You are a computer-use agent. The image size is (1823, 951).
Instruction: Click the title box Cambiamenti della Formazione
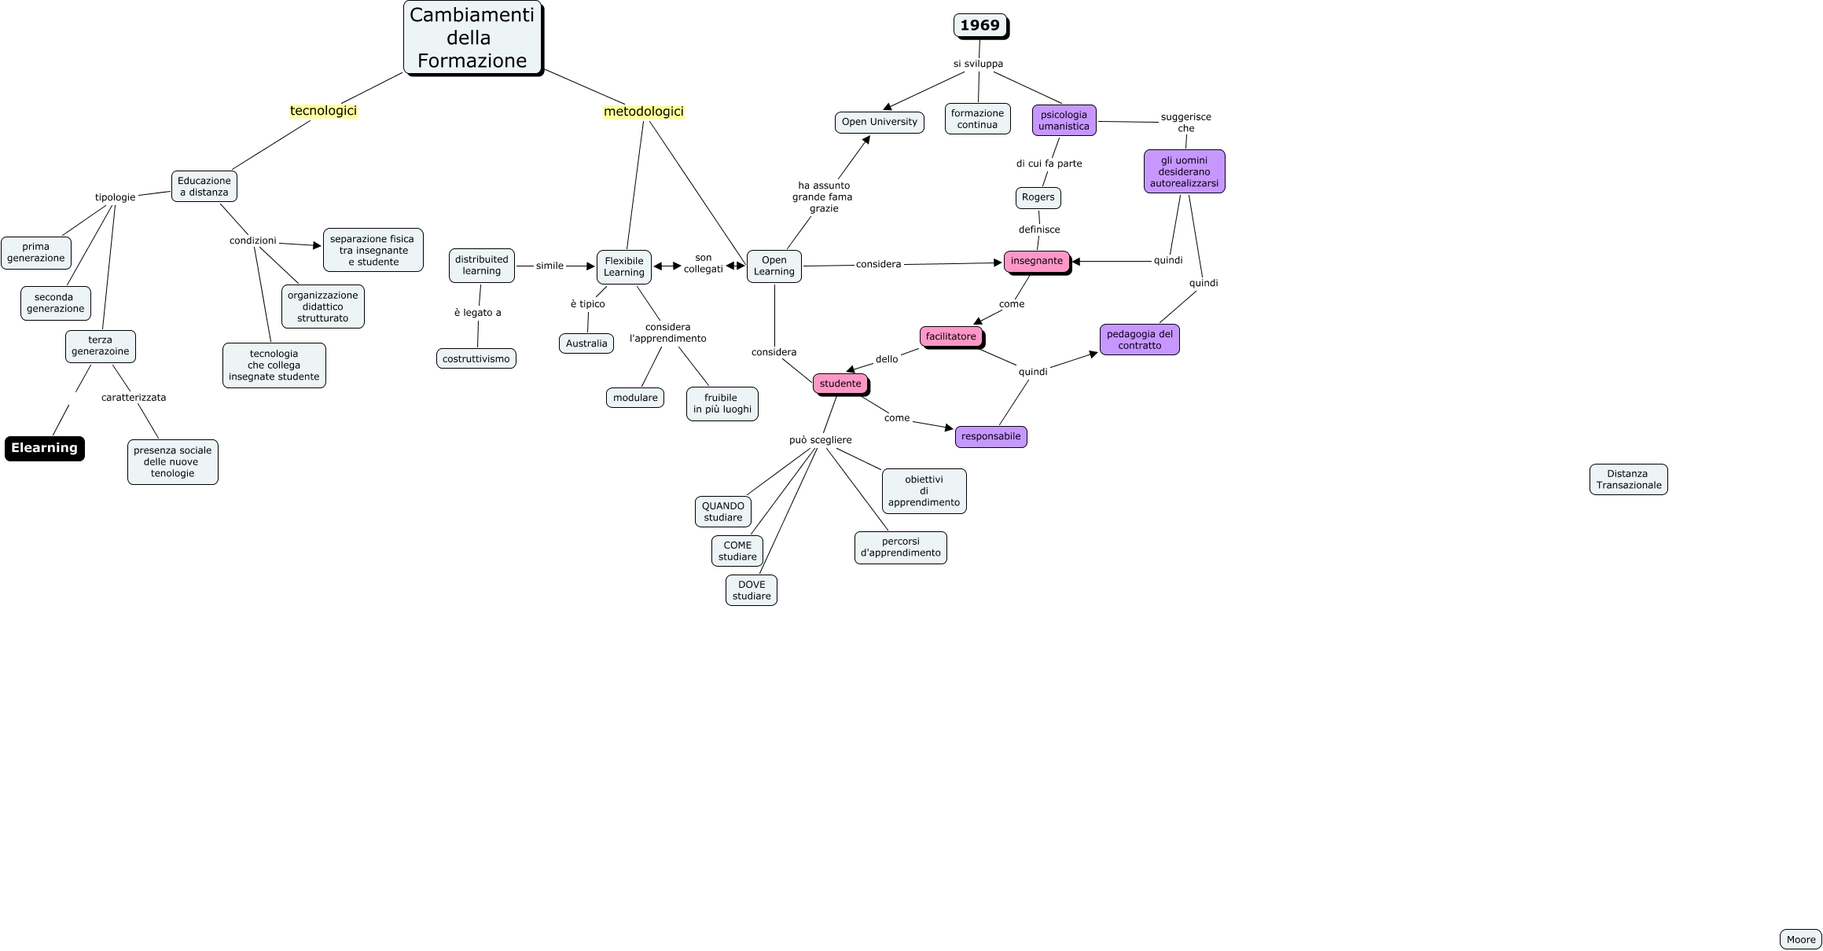pyautogui.click(x=472, y=38)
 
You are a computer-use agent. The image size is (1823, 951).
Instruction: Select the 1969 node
pyautogui.click(x=979, y=25)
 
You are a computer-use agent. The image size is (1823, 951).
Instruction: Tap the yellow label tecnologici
pyautogui.click(x=323, y=111)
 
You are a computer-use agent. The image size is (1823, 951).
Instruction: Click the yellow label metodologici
pyautogui.click(x=643, y=112)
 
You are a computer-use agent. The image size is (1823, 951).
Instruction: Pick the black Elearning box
pyautogui.click(x=44, y=448)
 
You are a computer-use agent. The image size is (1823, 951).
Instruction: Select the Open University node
pyautogui.click(x=879, y=122)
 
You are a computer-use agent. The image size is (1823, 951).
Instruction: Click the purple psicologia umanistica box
pyautogui.click(x=1064, y=120)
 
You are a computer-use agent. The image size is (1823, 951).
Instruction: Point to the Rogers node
pyautogui.click(x=1038, y=197)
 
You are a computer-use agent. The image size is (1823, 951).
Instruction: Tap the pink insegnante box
pyautogui.click(x=1036, y=261)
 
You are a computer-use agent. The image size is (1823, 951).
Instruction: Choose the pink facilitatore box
pyautogui.click(x=950, y=336)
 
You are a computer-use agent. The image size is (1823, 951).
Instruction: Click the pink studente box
pyautogui.click(x=840, y=384)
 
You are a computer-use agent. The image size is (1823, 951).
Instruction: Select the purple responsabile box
pyautogui.click(x=991, y=436)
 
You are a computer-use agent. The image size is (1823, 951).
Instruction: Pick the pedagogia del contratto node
pyautogui.click(x=1139, y=340)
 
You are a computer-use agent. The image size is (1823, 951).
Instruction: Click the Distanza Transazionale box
pyautogui.click(x=1628, y=479)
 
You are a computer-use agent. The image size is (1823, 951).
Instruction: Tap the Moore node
pyautogui.click(x=1800, y=939)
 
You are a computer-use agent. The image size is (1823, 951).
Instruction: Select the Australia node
pyautogui.click(x=586, y=343)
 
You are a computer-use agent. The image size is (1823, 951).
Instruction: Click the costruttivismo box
pyautogui.click(x=476, y=359)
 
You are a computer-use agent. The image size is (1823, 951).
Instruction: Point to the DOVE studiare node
pyautogui.click(x=751, y=590)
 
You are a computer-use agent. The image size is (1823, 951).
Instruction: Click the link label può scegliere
pyautogui.click(x=820, y=440)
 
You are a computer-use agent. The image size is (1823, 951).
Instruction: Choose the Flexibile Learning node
pyautogui.click(x=623, y=267)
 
